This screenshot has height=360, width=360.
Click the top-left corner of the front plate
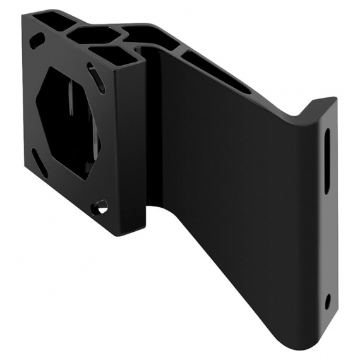[23, 16]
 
